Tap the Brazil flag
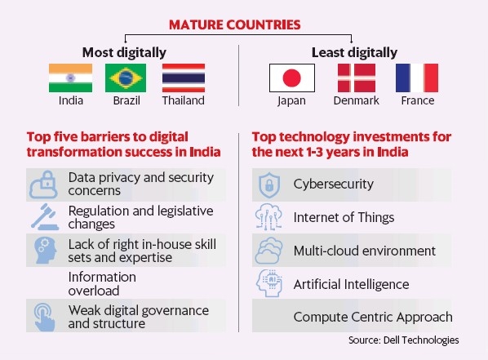(126, 78)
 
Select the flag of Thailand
(183, 78)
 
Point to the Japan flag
(291, 78)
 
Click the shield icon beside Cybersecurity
(269, 184)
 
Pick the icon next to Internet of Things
(269, 218)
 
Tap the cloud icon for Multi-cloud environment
(269, 251)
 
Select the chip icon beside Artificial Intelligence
(269, 284)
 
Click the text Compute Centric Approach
(372, 317)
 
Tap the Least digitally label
(354, 52)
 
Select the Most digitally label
(126, 52)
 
